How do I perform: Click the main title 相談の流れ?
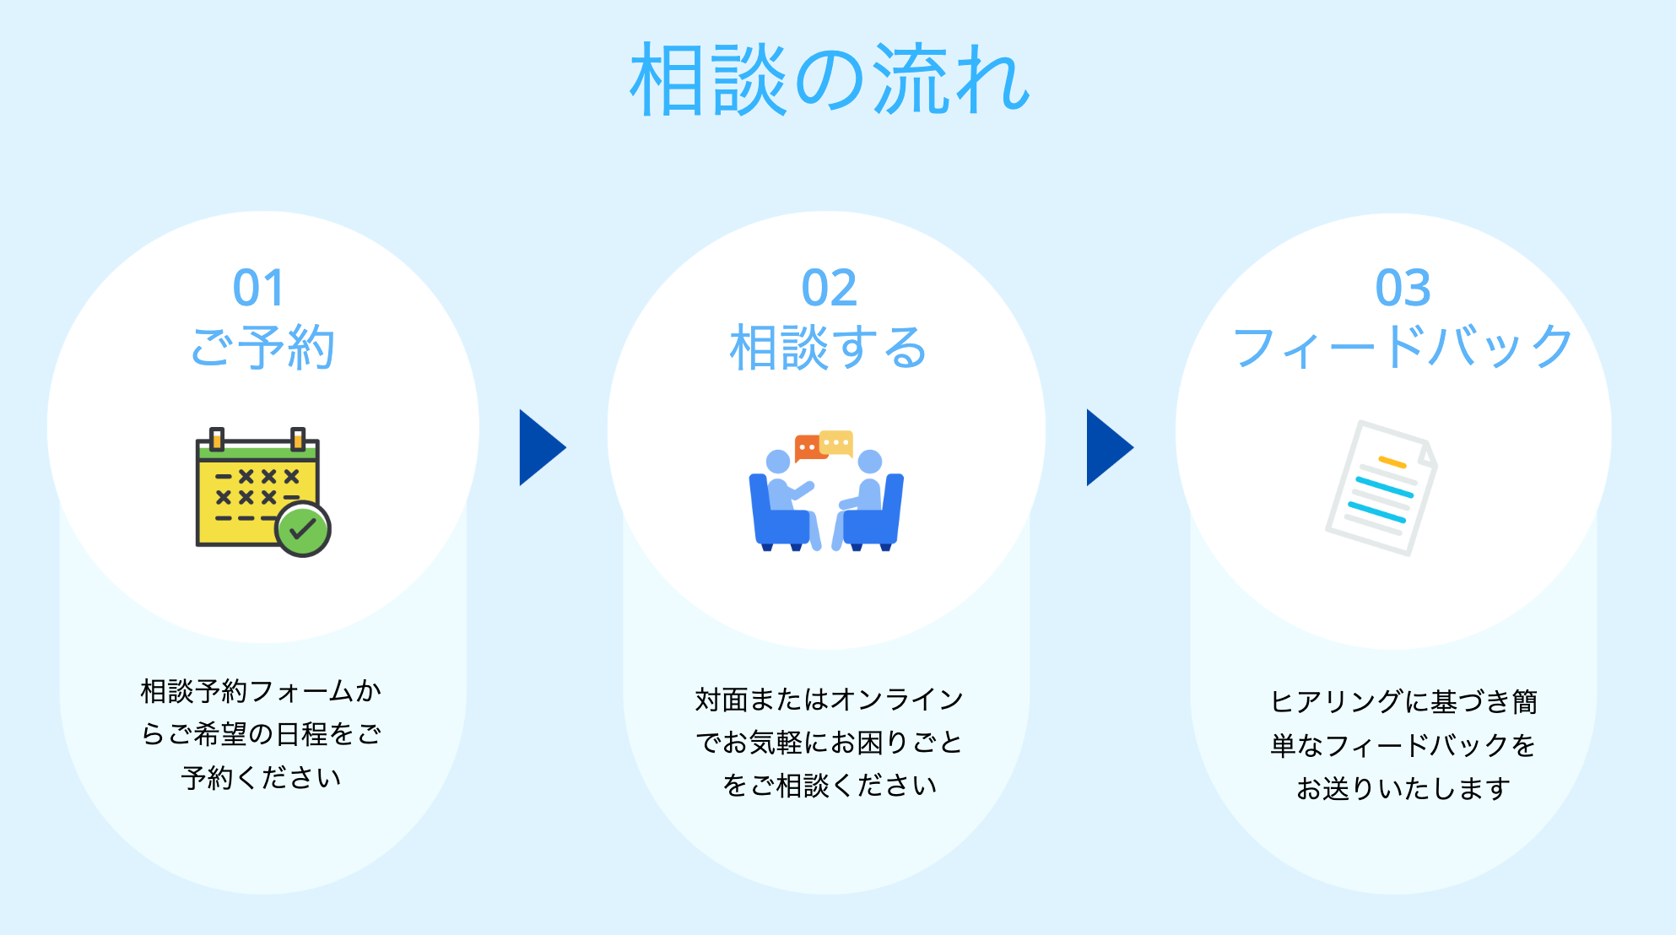[x=830, y=80]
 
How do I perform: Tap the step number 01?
[x=258, y=289]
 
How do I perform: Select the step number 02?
[x=829, y=289]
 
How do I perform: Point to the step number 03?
[x=1403, y=289]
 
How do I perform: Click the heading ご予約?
[x=262, y=347]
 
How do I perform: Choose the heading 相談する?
[x=828, y=347]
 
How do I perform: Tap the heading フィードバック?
[x=1403, y=347]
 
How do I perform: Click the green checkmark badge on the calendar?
[x=302, y=529]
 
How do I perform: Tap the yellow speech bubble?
[x=836, y=442]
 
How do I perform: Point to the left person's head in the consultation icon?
[x=778, y=462]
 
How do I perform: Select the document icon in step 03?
[x=1381, y=488]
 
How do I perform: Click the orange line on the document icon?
[x=1392, y=462]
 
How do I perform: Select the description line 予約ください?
[x=262, y=777]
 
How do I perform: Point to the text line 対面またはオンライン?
[x=829, y=700]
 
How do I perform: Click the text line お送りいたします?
[x=1403, y=788]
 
